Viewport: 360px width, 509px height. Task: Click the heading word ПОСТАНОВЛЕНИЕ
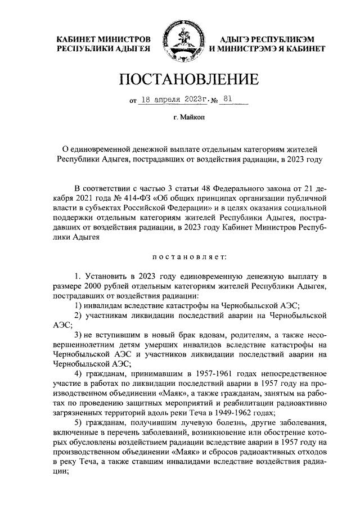[x=180, y=79]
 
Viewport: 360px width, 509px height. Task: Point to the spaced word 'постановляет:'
[x=188, y=257]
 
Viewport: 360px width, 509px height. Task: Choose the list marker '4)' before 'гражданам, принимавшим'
[x=78, y=373]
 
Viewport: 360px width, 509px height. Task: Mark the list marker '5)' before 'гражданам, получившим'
[x=78, y=422]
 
